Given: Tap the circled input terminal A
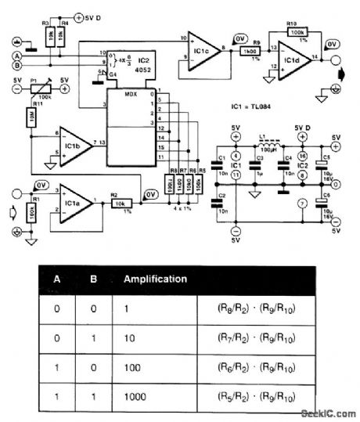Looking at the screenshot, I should pyautogui.click(x=15, y=56).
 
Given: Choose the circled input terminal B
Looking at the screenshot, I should pyautogui.click(x=15, y=67).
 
